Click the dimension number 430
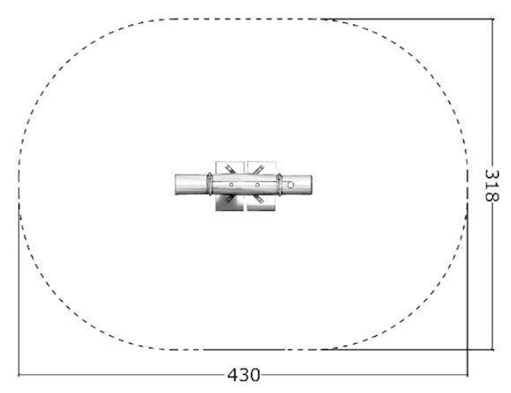(244, 375)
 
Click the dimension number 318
(492, 185)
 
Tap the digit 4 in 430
(233, 375)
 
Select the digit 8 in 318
(492, 196)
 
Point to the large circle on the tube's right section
(291, 185)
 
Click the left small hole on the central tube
(231, 185)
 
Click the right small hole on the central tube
(257, 185)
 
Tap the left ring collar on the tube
(210, 184)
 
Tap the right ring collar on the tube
(279, 185)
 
